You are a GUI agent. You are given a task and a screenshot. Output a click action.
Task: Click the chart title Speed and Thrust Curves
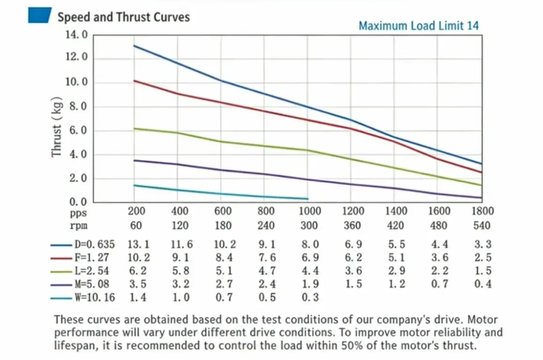[x=123, y=17]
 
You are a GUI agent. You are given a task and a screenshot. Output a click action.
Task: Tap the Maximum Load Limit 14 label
[x=419, y=26]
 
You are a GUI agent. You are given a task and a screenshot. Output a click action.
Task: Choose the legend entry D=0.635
[x=94, y=244]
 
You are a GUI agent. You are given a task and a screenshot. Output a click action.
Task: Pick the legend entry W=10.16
[x=94, y=297]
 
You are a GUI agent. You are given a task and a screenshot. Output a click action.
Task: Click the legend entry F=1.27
[x=92, y=258]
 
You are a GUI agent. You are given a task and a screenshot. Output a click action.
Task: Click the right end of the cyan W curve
[x=308, y=199]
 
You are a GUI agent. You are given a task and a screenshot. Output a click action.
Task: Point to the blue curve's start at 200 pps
[x=135, y=46]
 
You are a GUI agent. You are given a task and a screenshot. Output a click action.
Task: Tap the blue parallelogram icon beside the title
[x=39, y=16]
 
